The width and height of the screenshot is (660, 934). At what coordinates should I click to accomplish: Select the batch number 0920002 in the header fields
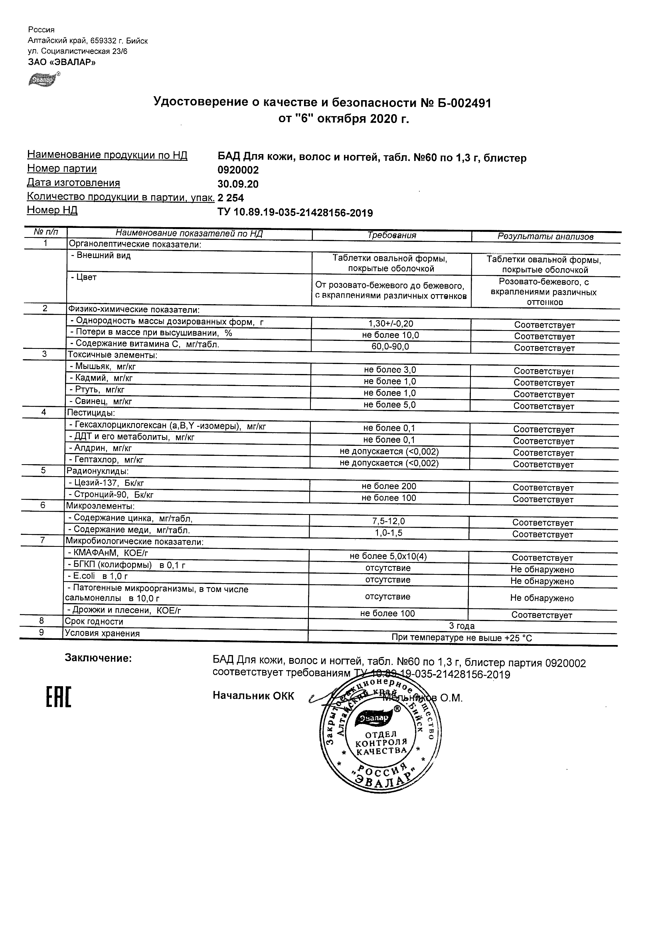238,170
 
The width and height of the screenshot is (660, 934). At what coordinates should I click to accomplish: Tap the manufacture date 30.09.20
238,184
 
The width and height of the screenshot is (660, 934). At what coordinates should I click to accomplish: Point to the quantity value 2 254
231,198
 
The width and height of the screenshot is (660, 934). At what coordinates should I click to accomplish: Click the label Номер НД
52,210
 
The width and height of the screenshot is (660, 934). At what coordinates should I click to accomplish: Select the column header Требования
391,235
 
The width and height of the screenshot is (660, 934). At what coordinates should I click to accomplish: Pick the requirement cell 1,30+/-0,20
390,324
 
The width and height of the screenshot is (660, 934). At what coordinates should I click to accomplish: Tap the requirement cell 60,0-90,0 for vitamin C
390,346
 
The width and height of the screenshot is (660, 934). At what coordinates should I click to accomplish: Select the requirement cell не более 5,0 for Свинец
389,405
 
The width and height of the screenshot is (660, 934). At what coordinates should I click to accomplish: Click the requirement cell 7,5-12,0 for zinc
389,522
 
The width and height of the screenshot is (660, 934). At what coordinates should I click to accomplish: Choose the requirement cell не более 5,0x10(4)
388,556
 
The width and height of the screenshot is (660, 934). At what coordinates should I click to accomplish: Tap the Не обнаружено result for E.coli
542,581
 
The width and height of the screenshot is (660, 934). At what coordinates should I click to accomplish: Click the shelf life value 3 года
462,626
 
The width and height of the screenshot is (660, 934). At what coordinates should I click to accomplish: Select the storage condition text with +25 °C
462,638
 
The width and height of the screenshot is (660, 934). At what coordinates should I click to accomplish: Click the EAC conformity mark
58,697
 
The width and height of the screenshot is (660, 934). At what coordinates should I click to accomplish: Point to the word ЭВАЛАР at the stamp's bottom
385,782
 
